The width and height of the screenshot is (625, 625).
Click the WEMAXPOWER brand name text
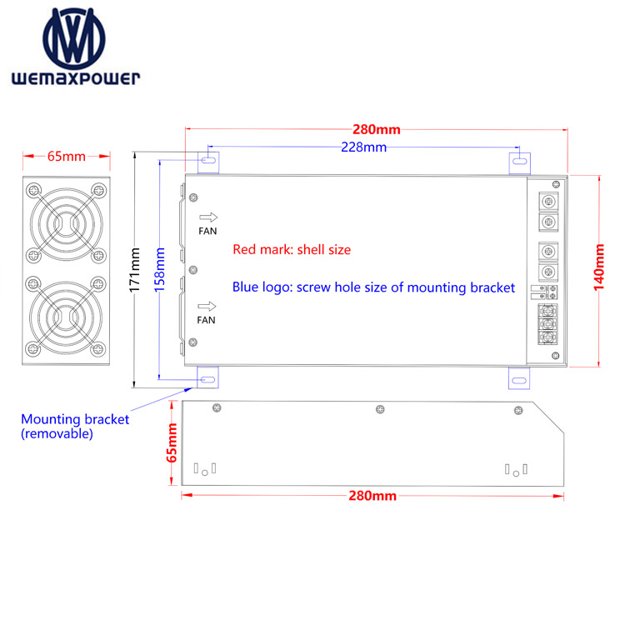click(76, 78)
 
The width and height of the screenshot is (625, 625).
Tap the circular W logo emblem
click(74, 38)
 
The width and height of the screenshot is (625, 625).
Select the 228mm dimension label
click(364, 147)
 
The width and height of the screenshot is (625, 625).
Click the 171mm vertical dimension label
click(135, 270)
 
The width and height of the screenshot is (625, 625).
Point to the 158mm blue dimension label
click(159, 270)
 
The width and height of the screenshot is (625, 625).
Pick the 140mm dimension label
click(598, 267)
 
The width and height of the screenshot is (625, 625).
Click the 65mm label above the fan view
click(67, 157)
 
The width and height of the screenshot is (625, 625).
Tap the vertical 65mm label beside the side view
click(172, 443)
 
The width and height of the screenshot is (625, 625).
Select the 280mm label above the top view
click(377, 129)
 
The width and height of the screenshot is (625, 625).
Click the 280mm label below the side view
click(372, 496)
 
